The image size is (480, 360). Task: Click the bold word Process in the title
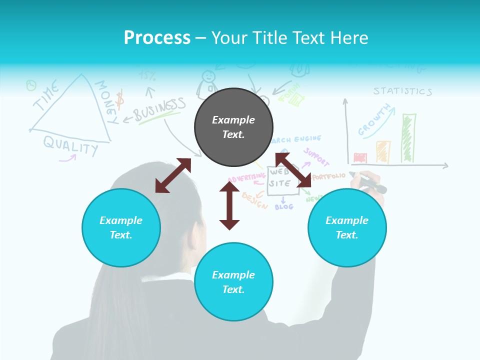pos(157,38)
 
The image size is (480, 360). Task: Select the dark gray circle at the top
pos(233,127)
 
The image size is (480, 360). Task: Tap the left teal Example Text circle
pos(121,227)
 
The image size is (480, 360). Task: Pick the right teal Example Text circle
pos(347,227)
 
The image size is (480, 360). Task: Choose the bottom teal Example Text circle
pos(233,282)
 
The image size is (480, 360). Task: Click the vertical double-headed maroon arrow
pos(229,205)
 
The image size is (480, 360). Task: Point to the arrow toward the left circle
pos(173,175)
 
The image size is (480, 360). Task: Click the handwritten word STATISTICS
pos(402,91)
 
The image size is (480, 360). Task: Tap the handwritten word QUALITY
pos(70,145)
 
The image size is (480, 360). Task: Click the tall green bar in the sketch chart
pos(408,138)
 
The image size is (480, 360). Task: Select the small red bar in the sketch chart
pos(360,158)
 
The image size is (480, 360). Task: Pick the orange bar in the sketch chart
pos(383,152)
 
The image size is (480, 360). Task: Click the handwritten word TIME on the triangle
pos(46,98)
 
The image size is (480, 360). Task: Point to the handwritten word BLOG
pos(284,206)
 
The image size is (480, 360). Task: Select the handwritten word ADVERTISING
pos(246,177)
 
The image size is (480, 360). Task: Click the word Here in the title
pos(351,38)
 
